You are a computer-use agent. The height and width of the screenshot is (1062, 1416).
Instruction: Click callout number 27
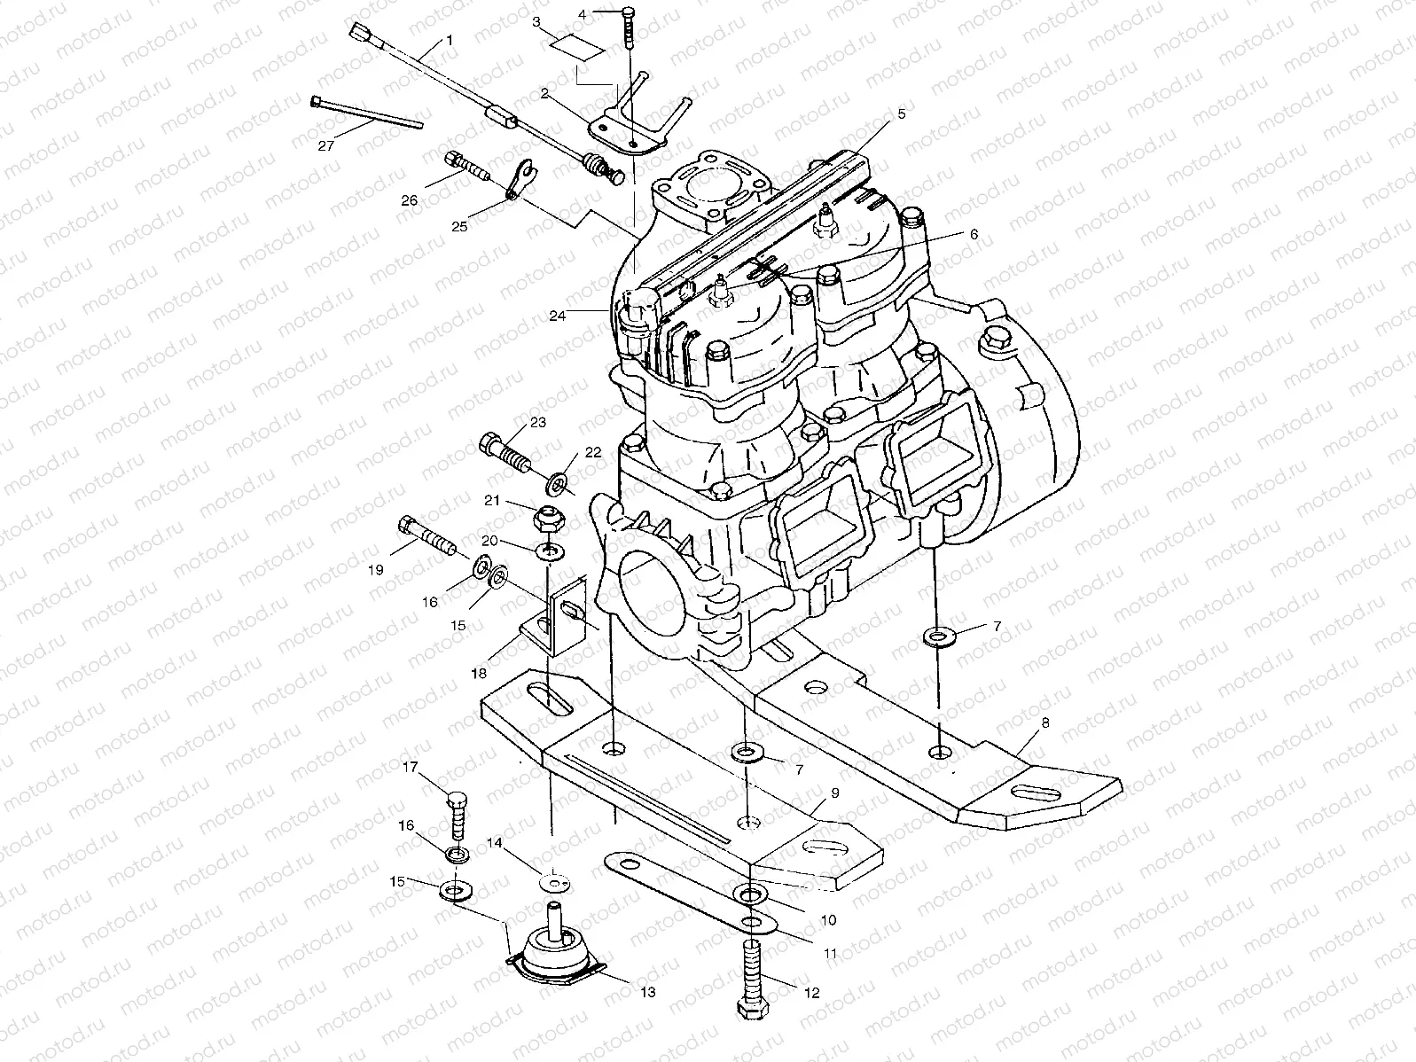[x=325, y=145]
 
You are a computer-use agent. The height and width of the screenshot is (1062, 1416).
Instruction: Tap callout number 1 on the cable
[x=450, y=40]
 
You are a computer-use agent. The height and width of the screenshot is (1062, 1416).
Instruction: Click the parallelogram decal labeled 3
[x=576, y=46]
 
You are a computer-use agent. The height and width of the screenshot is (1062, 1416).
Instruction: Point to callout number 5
[x=901, y=113]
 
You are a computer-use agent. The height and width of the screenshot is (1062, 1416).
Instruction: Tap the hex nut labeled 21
[x=545, y=517]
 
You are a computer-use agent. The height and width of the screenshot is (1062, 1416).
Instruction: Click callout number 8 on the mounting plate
[x=1045, y=723]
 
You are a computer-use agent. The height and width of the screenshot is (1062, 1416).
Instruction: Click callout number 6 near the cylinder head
[x=973, y=234]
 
